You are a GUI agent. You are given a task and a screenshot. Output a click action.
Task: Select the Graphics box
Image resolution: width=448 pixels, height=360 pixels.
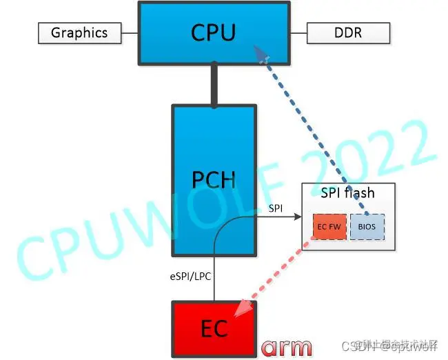(x=79, y=32)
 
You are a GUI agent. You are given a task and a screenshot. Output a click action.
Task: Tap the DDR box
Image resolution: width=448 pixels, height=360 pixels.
(x=348, y=32)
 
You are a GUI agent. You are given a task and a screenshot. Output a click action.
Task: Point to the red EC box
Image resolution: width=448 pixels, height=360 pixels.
(x=214, y=328)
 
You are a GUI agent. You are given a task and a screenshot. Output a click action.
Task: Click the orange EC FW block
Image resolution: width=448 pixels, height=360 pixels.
(x=329, y=225)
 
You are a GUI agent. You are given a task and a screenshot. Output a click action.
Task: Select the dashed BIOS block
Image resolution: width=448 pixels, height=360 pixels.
(x=368, y=225)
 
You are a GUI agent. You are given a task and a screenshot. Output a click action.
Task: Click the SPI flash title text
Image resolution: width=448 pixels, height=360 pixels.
(x=347, y=194)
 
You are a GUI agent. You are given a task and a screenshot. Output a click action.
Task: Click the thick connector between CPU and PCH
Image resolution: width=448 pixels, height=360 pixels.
(x=214, y=85)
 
